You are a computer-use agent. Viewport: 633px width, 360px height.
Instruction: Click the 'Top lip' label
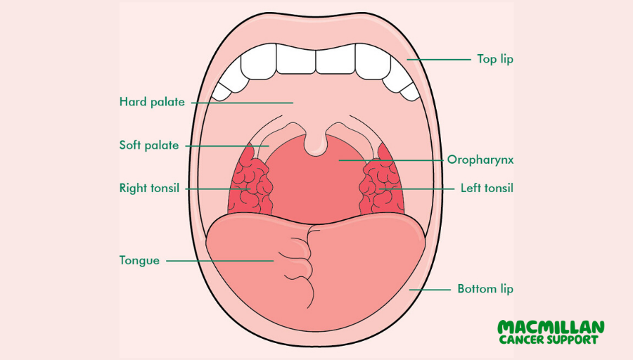495,59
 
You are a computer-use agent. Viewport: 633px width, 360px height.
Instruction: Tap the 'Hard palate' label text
152,102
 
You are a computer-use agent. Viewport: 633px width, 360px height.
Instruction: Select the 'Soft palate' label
149,146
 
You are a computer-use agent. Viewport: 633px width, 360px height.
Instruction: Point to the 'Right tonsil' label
149,188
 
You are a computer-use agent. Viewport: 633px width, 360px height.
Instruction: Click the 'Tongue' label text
139,260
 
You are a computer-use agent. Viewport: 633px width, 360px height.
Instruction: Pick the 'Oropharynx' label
480,160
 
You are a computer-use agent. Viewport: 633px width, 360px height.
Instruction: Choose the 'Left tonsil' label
487,188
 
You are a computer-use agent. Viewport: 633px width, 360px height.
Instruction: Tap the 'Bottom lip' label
485,289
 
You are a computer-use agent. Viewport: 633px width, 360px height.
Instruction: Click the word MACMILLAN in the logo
551,328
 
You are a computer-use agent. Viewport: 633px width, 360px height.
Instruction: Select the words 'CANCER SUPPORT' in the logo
549,340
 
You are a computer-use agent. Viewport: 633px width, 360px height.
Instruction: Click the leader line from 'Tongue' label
218,261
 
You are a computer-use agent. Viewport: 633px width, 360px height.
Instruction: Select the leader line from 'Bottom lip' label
430,289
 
